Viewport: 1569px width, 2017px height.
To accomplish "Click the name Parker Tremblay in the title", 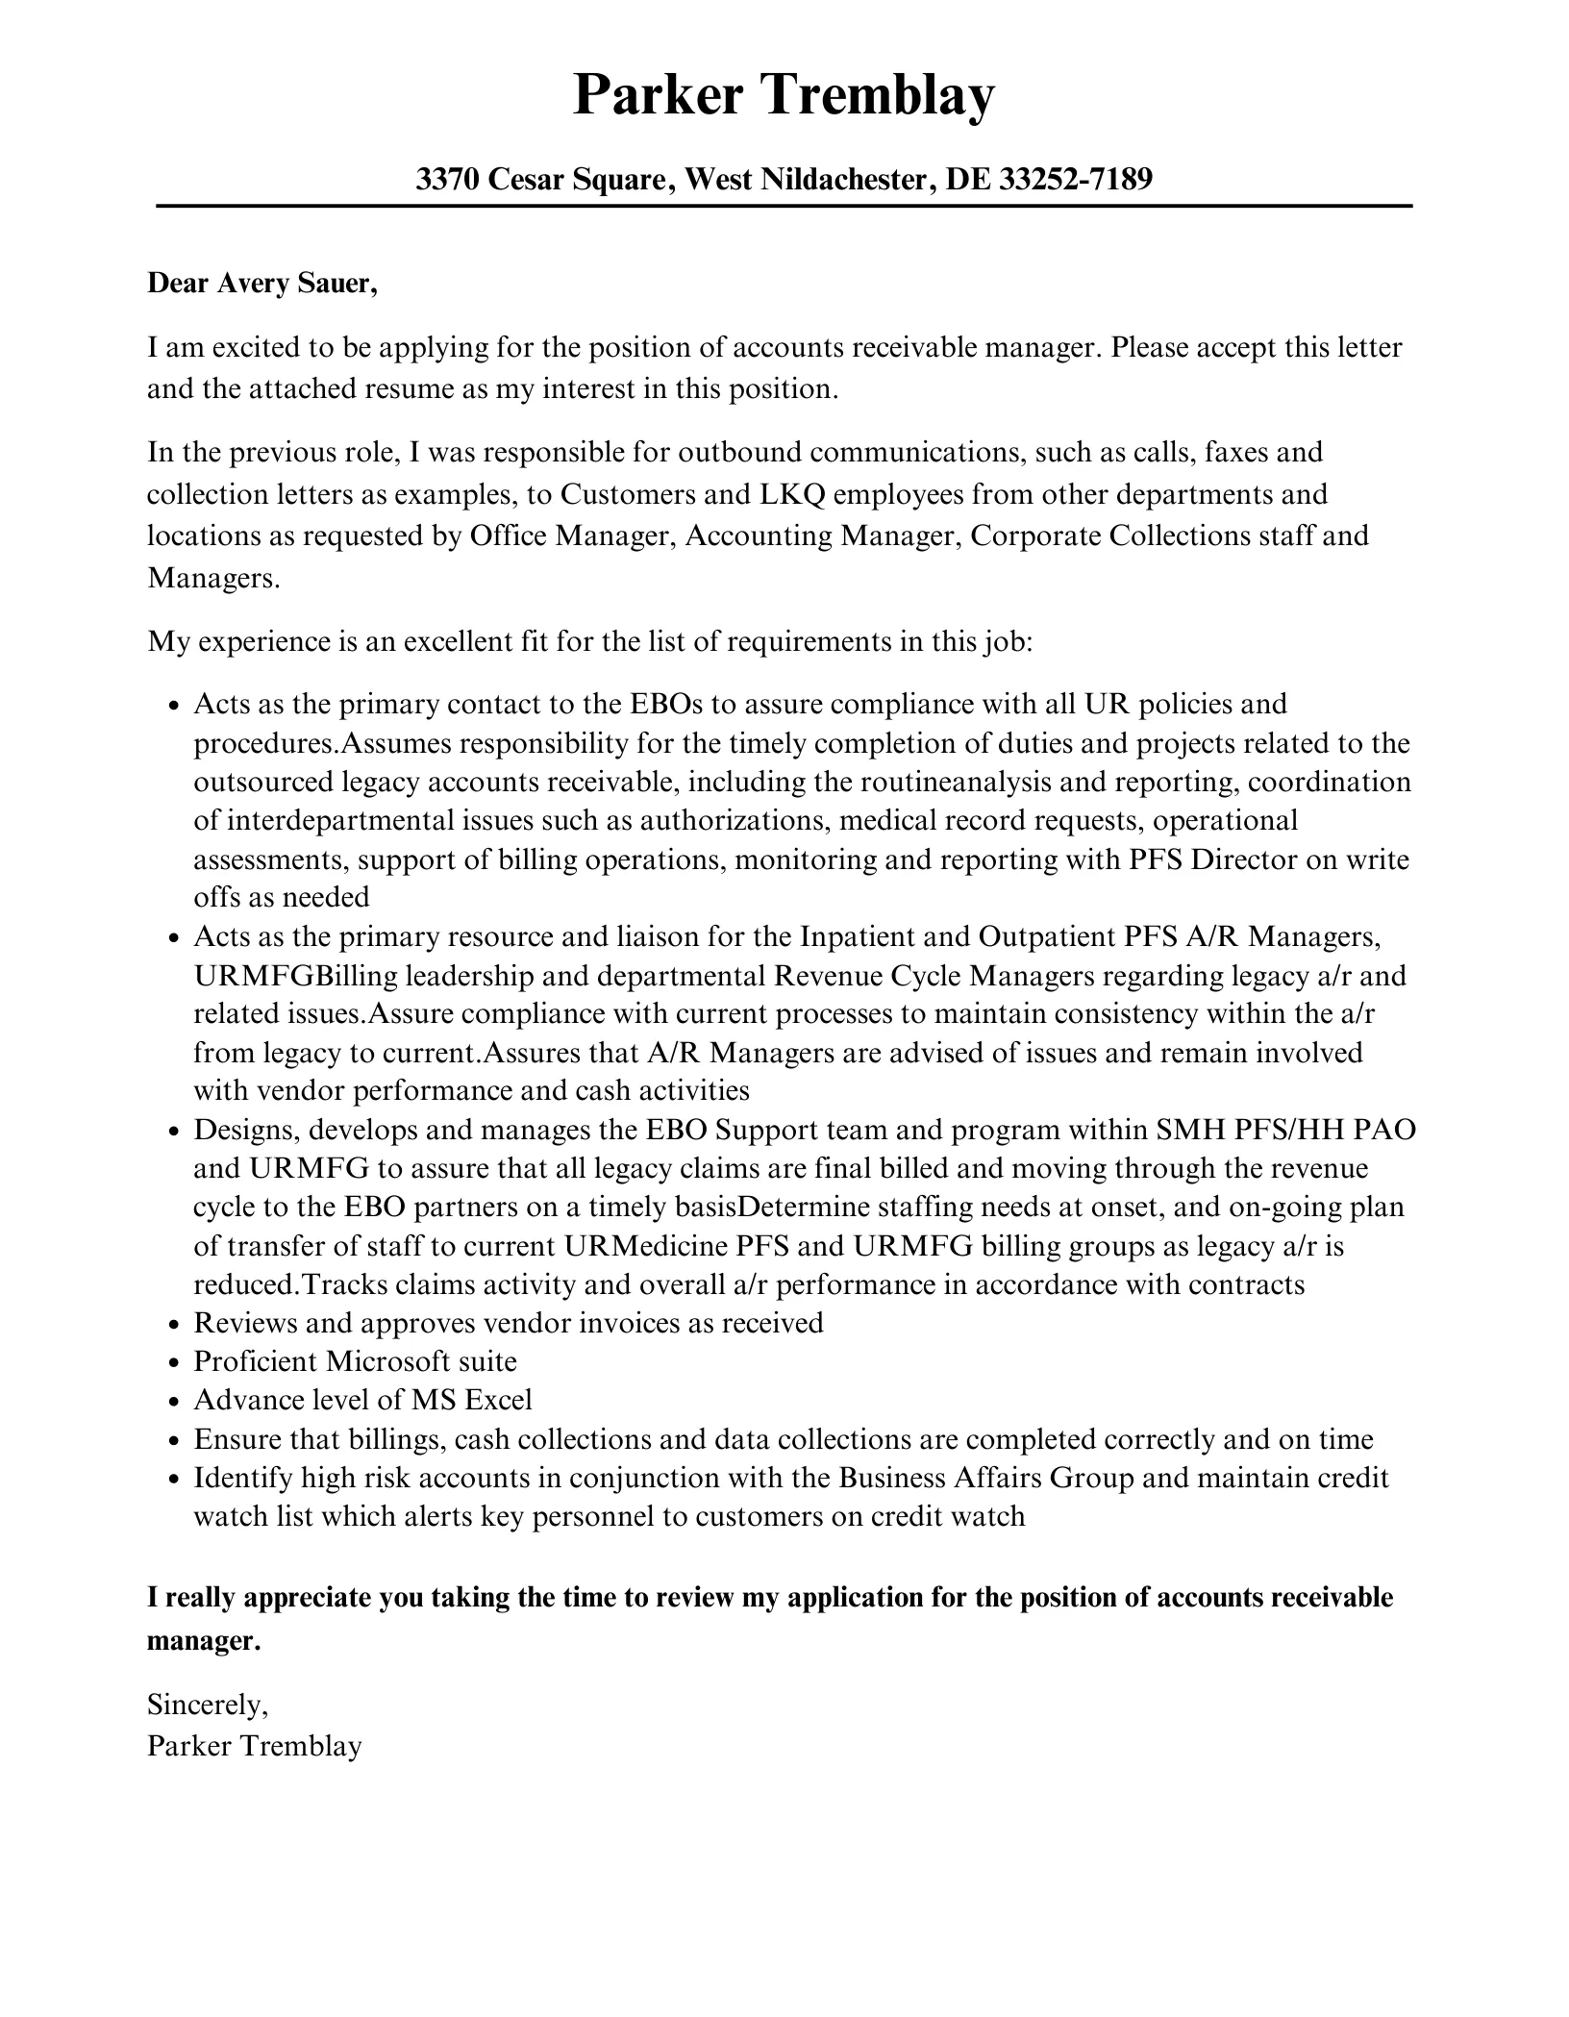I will coord(784,95).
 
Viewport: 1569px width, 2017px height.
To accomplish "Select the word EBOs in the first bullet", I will coord(666,704).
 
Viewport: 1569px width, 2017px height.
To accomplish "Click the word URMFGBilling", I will coord(295,976).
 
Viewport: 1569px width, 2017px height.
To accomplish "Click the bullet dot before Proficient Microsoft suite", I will coord(173,1363).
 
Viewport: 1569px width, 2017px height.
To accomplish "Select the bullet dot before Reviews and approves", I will coord(173,1325).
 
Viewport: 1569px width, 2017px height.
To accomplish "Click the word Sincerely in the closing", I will coord(207,1705).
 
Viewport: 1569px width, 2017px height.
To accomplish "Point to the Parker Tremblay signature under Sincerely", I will coord(254,1746).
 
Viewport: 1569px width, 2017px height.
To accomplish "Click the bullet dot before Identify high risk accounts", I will coord(173,1480).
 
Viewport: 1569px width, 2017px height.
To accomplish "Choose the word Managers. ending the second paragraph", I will coord(212,579).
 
